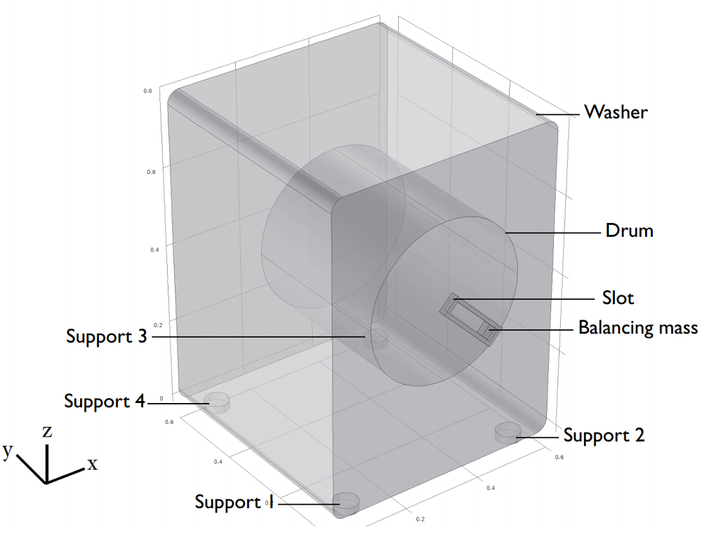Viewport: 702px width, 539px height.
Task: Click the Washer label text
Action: click(616, 112)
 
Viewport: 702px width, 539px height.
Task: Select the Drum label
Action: click(629, 231)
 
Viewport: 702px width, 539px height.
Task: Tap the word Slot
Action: click(618, 298)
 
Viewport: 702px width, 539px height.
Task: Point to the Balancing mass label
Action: click(637, 328)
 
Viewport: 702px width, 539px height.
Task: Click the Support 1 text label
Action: click(233, 503)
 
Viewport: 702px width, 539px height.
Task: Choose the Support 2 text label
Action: click(604, 436)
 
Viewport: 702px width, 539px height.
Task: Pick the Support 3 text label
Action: click(107, 336)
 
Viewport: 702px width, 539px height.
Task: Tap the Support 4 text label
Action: click(104, 402)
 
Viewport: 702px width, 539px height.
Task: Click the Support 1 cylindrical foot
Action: click(345, 503)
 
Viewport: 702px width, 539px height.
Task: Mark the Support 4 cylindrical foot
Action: click(218, 402)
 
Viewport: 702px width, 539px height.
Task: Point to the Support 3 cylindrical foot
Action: click(379, 339)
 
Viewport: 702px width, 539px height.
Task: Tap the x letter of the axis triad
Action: click(93, 464)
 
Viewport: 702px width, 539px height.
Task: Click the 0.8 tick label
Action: click(148, 91)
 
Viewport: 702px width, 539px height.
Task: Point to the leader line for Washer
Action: click(558, 114)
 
